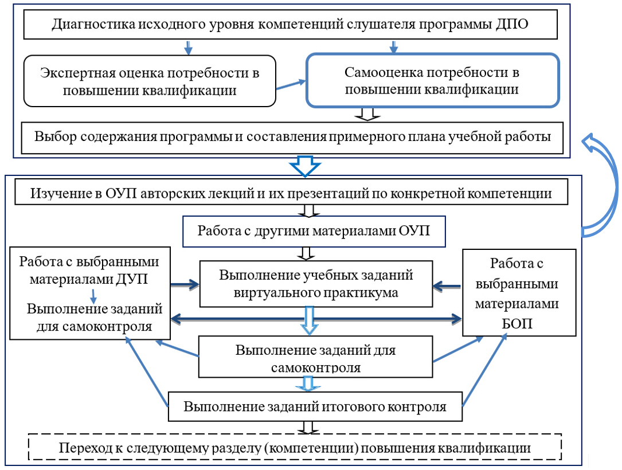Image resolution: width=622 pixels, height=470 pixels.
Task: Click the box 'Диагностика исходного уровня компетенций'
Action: [290, 25]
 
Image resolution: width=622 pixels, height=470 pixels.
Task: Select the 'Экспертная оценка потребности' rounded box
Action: [150, 81]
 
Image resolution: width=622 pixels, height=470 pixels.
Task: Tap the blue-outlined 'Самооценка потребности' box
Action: [432, 81]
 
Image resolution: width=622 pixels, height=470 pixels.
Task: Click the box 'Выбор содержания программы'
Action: [292, 137]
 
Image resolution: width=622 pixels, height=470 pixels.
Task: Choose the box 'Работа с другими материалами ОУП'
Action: [313, 230]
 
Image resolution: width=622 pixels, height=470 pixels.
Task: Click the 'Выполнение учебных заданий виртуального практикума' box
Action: [316, 283]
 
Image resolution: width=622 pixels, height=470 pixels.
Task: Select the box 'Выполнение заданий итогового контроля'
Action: [315, 407]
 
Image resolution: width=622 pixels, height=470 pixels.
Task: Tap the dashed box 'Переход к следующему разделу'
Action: [295, 446]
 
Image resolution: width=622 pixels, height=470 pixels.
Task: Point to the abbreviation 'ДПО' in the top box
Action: [514, 25]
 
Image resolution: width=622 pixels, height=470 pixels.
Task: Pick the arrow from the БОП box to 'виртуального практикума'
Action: [448, 283]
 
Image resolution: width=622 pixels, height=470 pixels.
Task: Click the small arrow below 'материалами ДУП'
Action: [92, 296]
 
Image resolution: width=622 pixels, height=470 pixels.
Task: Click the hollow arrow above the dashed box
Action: [308, 427]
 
